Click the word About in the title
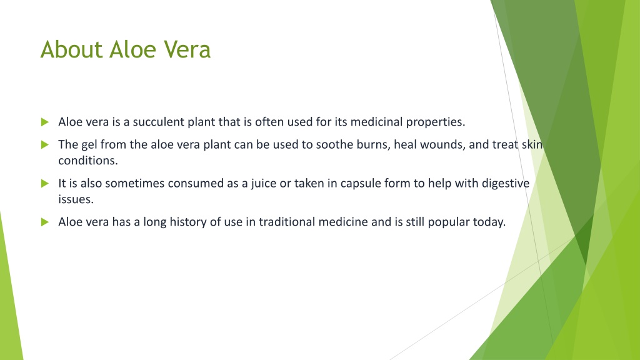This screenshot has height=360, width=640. click(x=72, y=49)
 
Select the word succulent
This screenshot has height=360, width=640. click(x=158, y=122)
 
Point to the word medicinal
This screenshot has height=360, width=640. click(x=376, y=122)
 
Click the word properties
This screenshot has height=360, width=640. click(x=436, y=122)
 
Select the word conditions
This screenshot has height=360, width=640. click(x=87, y=161)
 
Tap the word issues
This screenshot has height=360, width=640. click(x=76, y=199)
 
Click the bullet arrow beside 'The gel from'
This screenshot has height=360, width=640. click(x=45, y=144)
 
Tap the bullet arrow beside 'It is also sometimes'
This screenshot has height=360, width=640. click(x=45, y=184)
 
